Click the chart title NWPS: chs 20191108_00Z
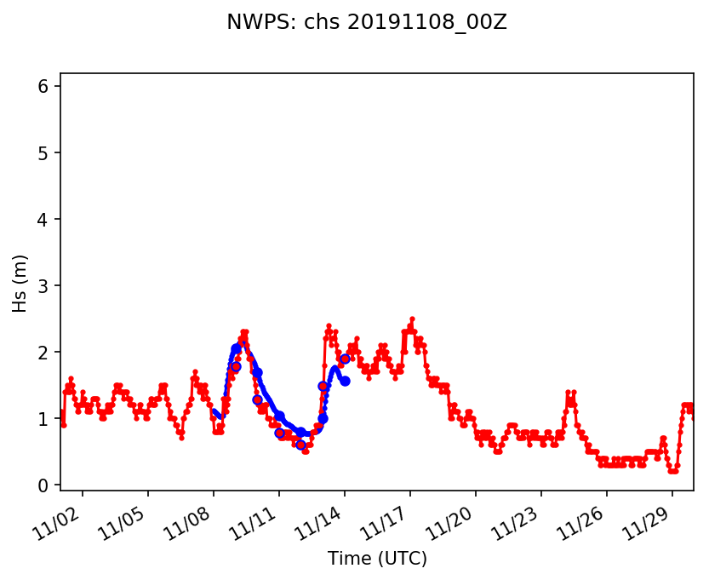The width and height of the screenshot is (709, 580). (x=366, y=23)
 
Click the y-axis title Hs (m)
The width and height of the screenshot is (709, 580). (x=20, y=283)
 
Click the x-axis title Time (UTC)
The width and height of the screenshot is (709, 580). (x=377, y=559)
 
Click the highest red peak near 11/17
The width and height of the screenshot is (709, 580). (x=412, y=319)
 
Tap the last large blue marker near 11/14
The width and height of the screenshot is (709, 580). (x=345, y=381)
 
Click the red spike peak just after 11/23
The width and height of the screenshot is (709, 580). (x=568, y=392)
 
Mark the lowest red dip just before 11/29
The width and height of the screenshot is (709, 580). (x=672, y=471)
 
